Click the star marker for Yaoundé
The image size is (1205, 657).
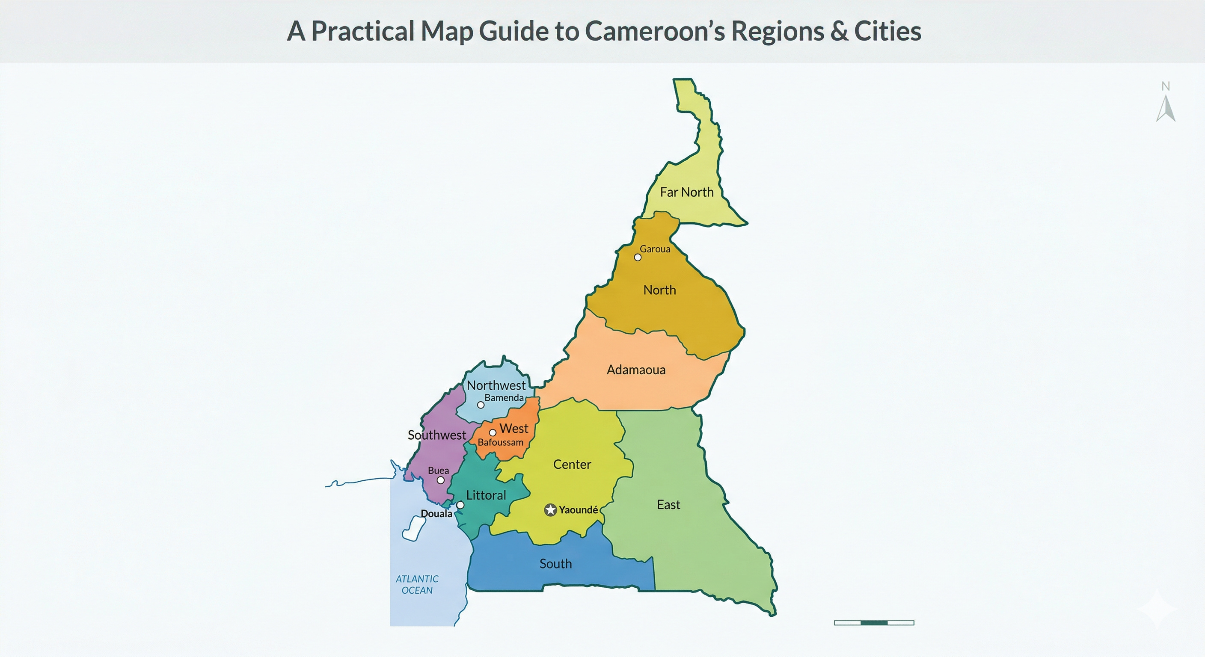click(x=551, y=510)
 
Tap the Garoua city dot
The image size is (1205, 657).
click(x=638, y=257)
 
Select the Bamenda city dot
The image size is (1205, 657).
click(x=481, y=405)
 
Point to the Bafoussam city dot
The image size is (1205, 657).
click(x=493, y=432)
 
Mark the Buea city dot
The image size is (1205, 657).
click(x=440, y=480)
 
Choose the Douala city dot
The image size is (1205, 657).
click(x=460, y=505)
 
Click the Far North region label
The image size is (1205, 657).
click(x=686, y=192)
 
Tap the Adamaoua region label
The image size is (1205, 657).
click(x=636, y=370)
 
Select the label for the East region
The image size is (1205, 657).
click(x=668, y=505)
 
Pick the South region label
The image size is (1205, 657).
click(x=555, y=563)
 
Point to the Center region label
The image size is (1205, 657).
click(x=572, y=465)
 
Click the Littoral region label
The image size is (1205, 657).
click(x=486, y=495)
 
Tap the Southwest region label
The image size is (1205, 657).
click(x=436, y=435)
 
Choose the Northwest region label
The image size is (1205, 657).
click(x=496, y=385)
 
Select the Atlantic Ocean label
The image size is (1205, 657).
click(x=417, y=585)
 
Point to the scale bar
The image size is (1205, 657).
click(x=874, y=622)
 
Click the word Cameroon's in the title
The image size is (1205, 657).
click(x=654, y=31)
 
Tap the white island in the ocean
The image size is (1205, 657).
click(x=414, y=528)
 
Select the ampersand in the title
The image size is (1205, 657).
click(x=839, y=31)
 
